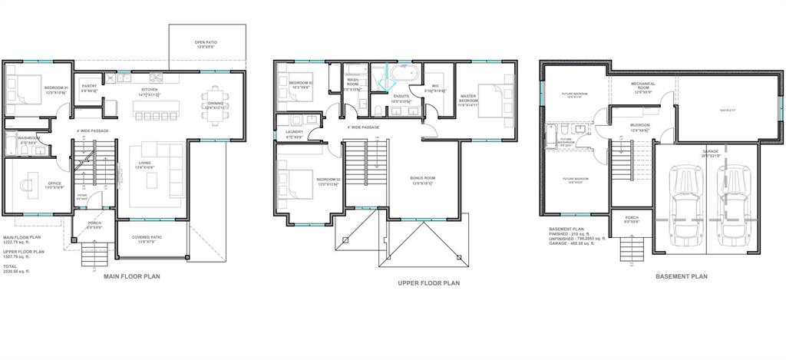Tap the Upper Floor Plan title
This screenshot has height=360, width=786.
pos(429,282)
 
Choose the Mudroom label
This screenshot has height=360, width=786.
pos(640,127)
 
